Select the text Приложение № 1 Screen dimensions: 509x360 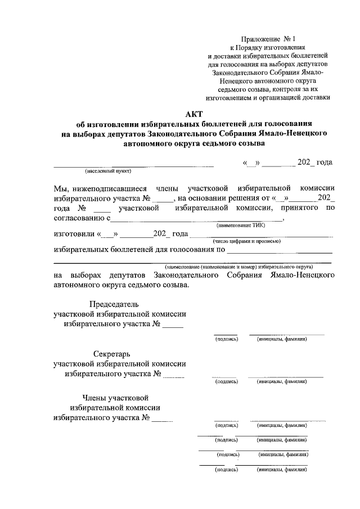[268, 39]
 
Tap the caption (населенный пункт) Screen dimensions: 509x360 [108, 170]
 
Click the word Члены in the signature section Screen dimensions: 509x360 [94, 398]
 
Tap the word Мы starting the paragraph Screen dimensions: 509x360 [59, 188]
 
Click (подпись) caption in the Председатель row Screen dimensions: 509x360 [227, 339]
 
